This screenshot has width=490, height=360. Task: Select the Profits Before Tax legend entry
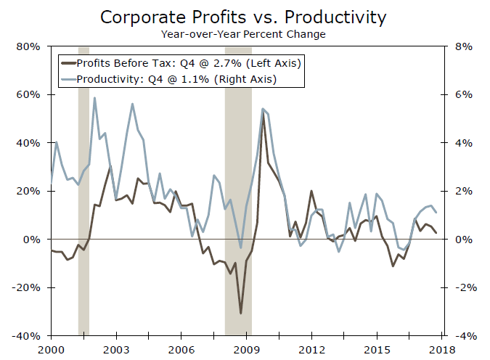181,63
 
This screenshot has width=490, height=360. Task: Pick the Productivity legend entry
171,78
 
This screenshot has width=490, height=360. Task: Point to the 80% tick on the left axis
30,46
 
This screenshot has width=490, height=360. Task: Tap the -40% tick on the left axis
30,336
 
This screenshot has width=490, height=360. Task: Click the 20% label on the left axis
30,191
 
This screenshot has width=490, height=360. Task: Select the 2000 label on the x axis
50,350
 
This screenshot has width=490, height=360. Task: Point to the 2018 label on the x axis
442,350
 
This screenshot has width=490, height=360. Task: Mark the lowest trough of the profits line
241,314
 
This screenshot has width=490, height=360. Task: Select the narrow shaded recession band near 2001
83,218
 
